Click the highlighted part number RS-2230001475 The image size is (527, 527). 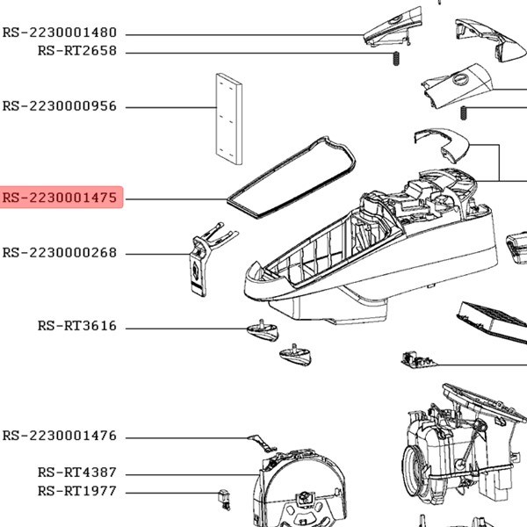point(60,199)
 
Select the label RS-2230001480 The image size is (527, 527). point(60,32)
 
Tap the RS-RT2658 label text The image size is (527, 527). point(77,51)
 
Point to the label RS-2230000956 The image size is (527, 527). point(60,106)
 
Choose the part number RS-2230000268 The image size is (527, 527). point(60,253)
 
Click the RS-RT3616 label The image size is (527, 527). point(77,326)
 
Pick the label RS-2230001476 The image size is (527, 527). point(60,436)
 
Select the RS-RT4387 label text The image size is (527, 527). point(77,473)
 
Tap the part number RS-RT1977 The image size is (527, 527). point(77,491)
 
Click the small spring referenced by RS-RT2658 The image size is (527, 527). point(396,58)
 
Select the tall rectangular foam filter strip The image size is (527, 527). point(228,119)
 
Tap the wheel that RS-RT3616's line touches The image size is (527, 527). point(262,330)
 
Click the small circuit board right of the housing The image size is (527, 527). point(414,361)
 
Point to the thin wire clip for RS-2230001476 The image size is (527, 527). point(261,442)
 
